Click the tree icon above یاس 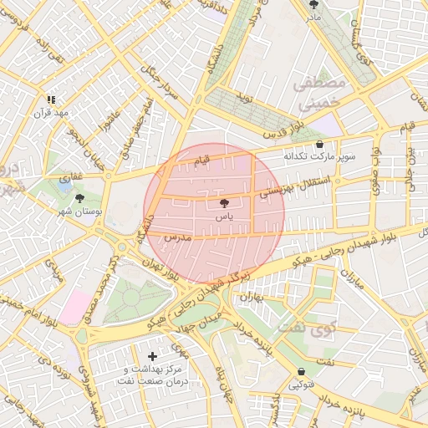coord(223,203)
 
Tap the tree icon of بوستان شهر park coord(79,199)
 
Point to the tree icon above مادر coord(313,4)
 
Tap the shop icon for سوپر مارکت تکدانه coord(319,144)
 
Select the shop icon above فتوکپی coord(301,372)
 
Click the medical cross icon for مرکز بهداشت coord(151,356)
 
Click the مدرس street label coord(178,238)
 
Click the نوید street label coord(245,99)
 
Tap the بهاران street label coord(252,297)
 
